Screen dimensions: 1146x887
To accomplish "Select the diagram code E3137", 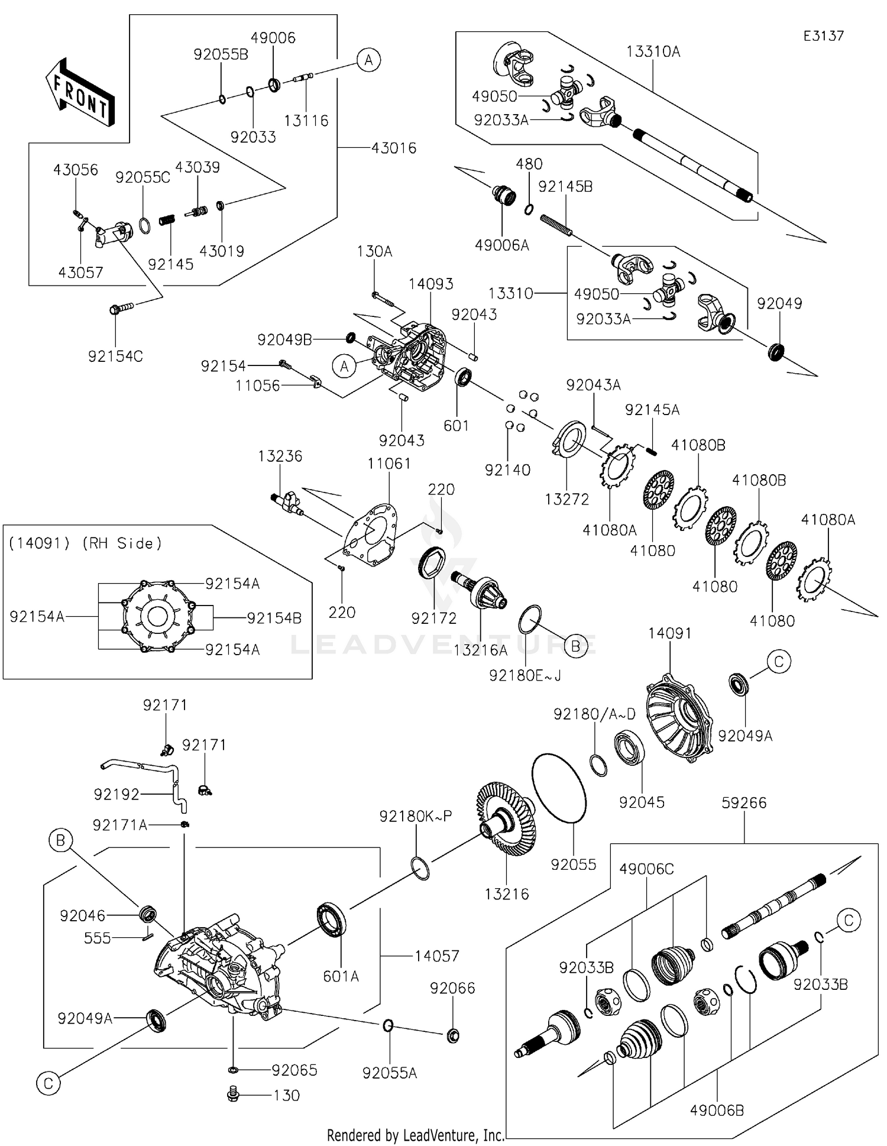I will [x=823, y=36].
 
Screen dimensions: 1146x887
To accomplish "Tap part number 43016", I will [x=394, y=148].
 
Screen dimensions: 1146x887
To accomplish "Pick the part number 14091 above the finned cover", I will [x=669, y=633].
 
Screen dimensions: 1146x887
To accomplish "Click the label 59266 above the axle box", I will [x=744, y=802].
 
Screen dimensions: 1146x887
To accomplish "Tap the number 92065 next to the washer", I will [x=294, y=1070].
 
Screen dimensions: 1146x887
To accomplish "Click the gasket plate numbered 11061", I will [x=371, y=535].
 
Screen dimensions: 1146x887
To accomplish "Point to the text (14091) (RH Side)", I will [x=85, y=543].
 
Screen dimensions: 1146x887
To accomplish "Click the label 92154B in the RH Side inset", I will [x=274, y=618].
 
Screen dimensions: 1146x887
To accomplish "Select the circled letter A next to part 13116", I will [x=369, y=60].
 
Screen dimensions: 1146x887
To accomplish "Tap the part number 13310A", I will [x=653, y=52].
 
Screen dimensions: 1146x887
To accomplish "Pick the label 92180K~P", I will [x=416, y=816].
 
